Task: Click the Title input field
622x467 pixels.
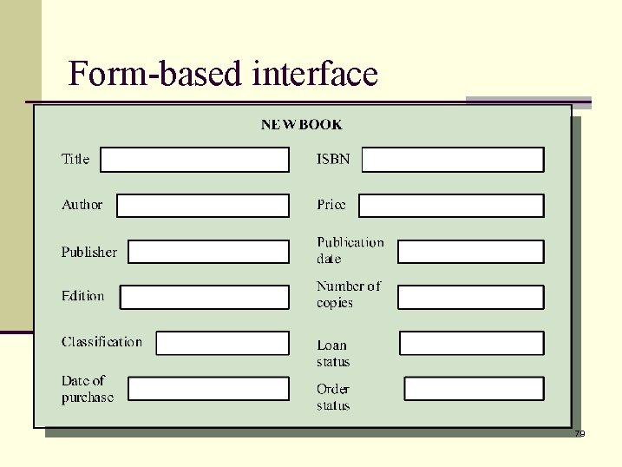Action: pyautogui.click(x=194, y=160)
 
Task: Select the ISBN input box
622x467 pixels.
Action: pyautogui.click(x=452, y=160)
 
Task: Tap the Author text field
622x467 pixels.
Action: pyautogui.click(x=202, y=206)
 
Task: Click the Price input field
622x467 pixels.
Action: pyautogui.click(x=451, y=206)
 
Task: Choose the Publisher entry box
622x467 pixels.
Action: pyautogui.click(x=208, y=252)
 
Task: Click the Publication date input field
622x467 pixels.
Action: pyautogui.click(x=470, y=252)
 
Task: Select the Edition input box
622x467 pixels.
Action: pyautogui.click(x=204, y=297)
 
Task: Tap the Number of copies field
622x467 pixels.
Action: pyautogui.click(x=470, y=297)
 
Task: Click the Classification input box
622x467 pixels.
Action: pyautogui.click(x=222, y=343)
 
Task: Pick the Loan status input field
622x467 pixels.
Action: pyautogui.click(x=471, y=343)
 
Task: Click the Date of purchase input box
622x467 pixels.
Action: pyautogui.click(x=208, y=388)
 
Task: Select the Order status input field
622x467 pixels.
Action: pyautogui.click(x=474, y=388)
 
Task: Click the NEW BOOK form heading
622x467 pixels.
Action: pyautogui.click(x=302, y=125)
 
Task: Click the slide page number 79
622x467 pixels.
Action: pyautogui.click(x=579, y=433)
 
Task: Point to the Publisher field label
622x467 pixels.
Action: pyautogui.click(x=88, y=252)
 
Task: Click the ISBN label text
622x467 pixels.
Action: pyautogui.click(x=333, y=160)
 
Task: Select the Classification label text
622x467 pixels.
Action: pyautogui.click(x=101, y=342)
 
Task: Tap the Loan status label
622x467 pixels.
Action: pyautogui.click(x=333, y=353)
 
